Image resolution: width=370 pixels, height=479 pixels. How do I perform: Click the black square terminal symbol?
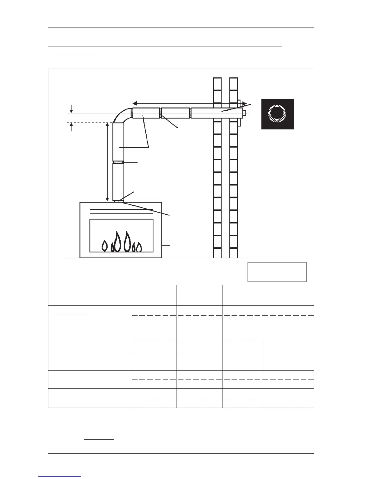pyautogui.click(x=277, y=114)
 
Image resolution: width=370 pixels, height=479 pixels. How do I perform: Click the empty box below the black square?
pyautogui.click(x=277, y=272)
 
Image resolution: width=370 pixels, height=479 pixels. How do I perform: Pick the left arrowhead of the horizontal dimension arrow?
pyautogui.click(x=135, y=103)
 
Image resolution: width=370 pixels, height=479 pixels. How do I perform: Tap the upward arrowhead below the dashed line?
pyautogui.click(x=71, y=125)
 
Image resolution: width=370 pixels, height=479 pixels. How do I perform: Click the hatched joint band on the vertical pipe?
pyautogui.click(x=118, y=162)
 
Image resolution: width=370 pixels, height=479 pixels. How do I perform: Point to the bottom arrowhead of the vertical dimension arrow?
pyautogui.click(x=107, y=200)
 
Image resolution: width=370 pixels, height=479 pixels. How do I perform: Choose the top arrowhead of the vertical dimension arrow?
pyautogui.click(x=107, y=125)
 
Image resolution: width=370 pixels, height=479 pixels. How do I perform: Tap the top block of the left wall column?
pyautogui.click(x=217, y=84)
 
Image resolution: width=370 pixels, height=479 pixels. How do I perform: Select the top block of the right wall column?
pyautogui.click(x=233, y=84)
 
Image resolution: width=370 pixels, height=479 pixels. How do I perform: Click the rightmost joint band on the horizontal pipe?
pyautogui.click(x=190, y=113)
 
